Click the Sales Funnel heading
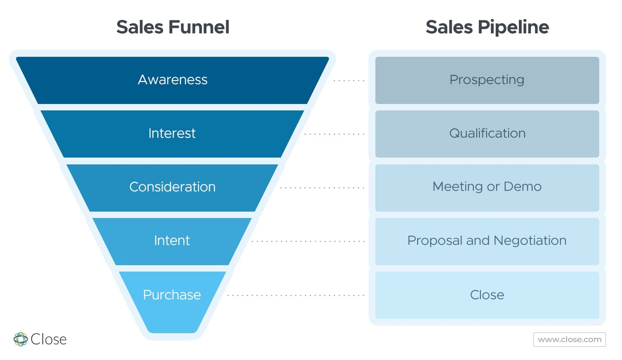pyautogui.click(x=173, y=27)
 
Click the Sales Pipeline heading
pyautogui.click(x=487, y=27)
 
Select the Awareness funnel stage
pyautogui.click(x=172, y=80)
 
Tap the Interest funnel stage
pyautogui.click(x=172, y=134)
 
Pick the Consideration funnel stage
pyautogui.click(x=172, y=188)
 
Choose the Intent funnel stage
pyautogui.click(x=172, y=241)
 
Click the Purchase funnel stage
pyautogui.click(x=172, y=299)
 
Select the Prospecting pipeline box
pyautogui.click(x=487, y=80)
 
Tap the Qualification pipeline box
pyautogui.click(x=487, y=134)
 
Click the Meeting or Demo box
pyautogui.click(x=487, y=188)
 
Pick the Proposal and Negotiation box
pyautogui.click(x=487, y=241)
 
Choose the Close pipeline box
pyautogui.click(x=487, y=295)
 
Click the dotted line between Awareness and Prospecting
pyautogui.click(x=349, y=80)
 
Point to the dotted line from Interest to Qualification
pyautogui.click(x=335, y=134)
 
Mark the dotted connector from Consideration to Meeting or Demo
pyautogui.click(x=322, y=188)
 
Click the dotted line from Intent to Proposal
pyautogui.click(x=308, y=241)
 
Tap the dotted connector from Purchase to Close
pyautogui.click(x=296, y=295)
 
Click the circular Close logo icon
pyautogui.click(x=20, y=339)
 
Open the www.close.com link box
pyautogui.click(x=570, y=340)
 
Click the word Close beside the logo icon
pyautogui.click(x=49, y=339)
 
